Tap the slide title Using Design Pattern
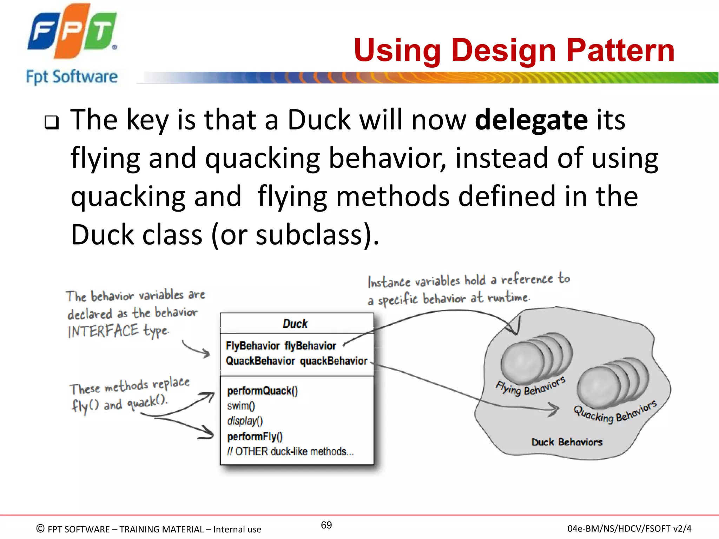(x=514, y=51)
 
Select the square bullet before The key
(x=52, y=122)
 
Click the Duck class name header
(x=295, y=324)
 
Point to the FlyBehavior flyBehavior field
(x=281, y=346)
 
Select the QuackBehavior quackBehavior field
(x=296, y=361)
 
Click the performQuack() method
(x=262, y=391)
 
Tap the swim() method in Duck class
(x=241, y=406)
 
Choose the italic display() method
(x=245, y=421)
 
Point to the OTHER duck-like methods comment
(x=290, y=452)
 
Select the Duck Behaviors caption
(x=567, y=442)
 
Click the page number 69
(x=326, y=525)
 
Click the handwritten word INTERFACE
(x=103, y=331)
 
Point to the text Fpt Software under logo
(x=72, y=77)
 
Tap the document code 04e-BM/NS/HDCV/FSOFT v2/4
(x=629, y=528)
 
